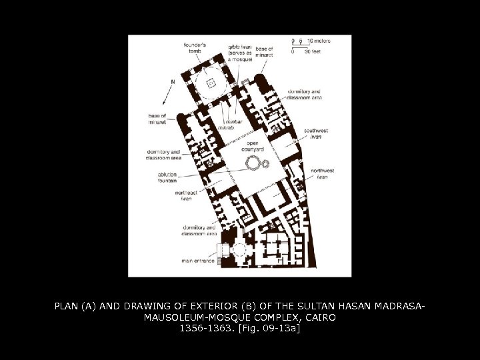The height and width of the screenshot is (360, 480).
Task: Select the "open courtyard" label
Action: click(253, 147)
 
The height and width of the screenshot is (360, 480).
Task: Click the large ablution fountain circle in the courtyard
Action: click(253, 163)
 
